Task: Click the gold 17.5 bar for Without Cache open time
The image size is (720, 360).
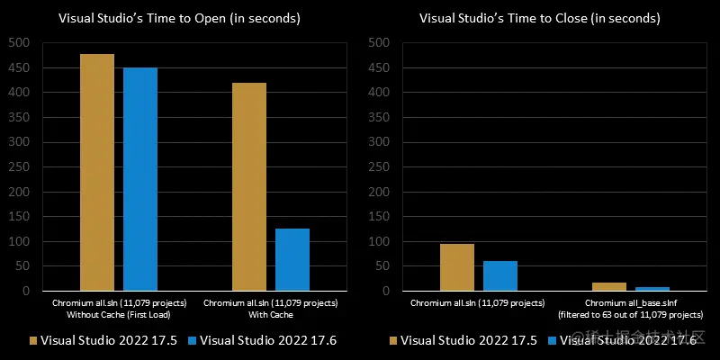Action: pos(97,172)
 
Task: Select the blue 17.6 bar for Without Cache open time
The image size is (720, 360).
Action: pos(140,179)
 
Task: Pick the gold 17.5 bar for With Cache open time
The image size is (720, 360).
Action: pos(249,186)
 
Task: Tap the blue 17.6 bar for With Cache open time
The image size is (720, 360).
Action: pos(292,259)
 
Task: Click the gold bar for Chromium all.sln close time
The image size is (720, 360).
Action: pos(457,267)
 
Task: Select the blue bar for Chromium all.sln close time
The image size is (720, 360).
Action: pos(500,275)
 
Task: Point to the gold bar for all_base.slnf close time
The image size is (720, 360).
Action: pos(609,286)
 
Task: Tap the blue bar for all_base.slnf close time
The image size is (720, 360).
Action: pos(652,289)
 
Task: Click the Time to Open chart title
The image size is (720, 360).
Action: pos(180,19)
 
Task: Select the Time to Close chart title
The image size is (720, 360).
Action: pos(540,19)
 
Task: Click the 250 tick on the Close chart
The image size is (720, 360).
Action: pos(380,166)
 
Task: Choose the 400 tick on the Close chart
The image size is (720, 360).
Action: pos(380,92)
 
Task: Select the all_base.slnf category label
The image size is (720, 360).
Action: pos(630,309)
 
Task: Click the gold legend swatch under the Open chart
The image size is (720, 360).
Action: pos(34,340)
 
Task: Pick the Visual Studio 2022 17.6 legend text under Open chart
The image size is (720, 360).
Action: pos(267,340)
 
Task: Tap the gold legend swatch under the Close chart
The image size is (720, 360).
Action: pos(394,340)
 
